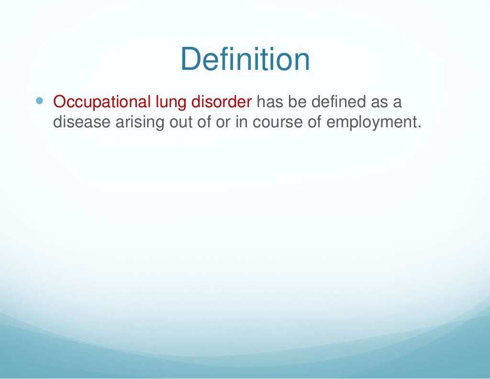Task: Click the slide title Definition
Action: click(245, 59)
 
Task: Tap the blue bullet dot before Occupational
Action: click(39, 101)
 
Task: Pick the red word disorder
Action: click(222, 101)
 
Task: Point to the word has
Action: click(269, 101)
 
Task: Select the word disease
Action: click(81, 122)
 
